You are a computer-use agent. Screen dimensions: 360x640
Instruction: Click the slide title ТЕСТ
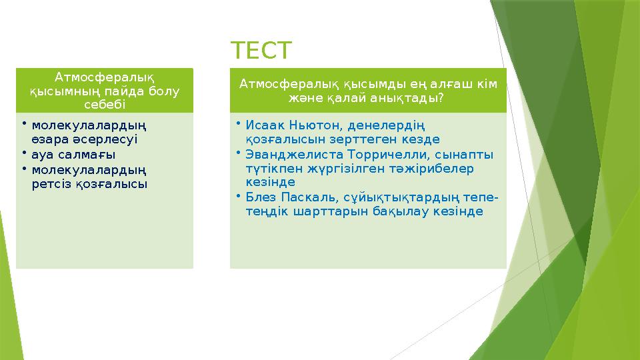(x=261, y=50)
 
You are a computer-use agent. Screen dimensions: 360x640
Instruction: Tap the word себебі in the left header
(x=104, y=105)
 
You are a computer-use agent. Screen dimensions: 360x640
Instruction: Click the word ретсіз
(x=51, y=183)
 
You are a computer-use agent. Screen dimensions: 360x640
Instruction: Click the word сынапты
(x=459, y=154)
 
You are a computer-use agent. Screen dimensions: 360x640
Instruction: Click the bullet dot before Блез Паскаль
(x=237, y=197)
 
